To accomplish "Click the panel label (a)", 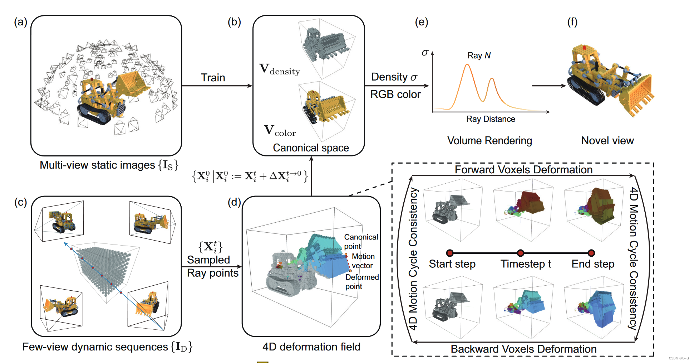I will pyautogui.click(x=20, y=22).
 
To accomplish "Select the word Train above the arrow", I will pyautogui.click(x=213, y=78).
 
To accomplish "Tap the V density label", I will pyautogui.click(x=280, y=69).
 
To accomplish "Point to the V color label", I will pyautogui.click(x=280, y=131).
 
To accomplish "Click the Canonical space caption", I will pyautogui.click(x=311, y=148).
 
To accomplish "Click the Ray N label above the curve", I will pyautogui.click(x=479, y=55).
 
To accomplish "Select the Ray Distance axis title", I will pyautogui.click(x=491, y=119).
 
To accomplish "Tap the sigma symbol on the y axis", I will pyautogui.click(x=425, y=53).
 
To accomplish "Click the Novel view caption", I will pyautogui.click(x=607, y=141).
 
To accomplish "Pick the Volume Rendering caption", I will pyautogui.click(x=489, y=141).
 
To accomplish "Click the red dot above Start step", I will pyautogui.click(x=450, y=253).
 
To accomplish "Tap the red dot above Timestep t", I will pyautogui.click(x=521, y=253).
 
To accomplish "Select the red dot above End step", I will pyautogui.click(x=591, y=253).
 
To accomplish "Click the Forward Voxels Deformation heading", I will pyautogui.click(x=523, y=170).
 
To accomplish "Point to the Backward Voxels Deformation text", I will pyautogui.click(x=523, y=349).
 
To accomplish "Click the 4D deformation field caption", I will pyautogui.click(x=311, y=347).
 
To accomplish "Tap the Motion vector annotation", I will pyautogui.click(x=363, y=261).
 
